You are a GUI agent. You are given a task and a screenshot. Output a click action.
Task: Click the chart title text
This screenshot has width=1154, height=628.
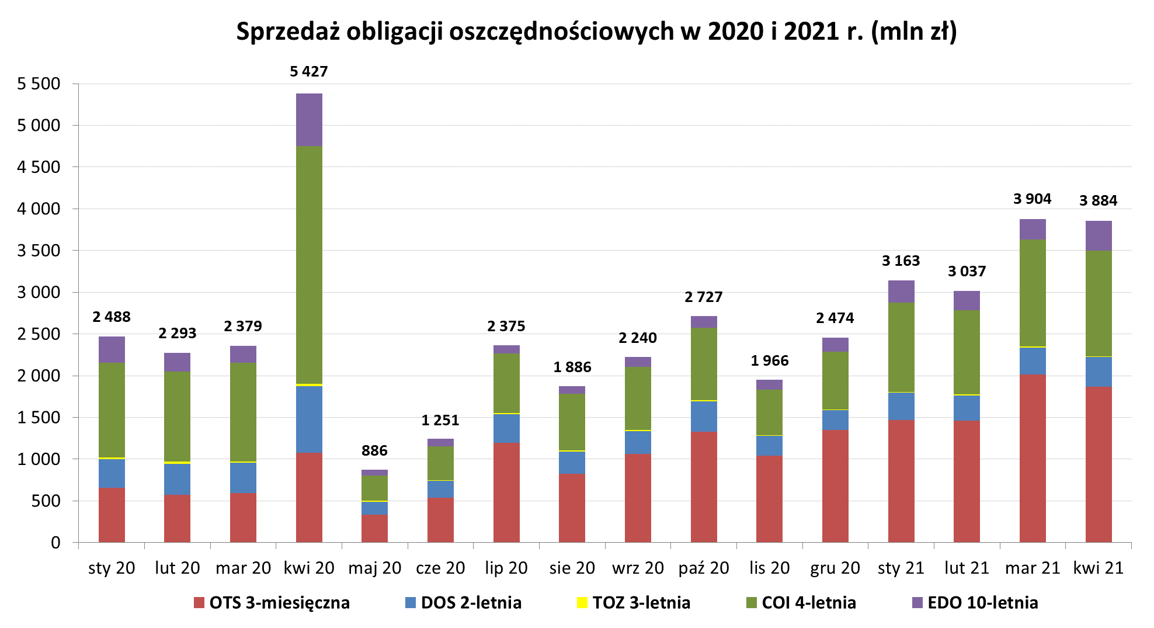coord(596,32)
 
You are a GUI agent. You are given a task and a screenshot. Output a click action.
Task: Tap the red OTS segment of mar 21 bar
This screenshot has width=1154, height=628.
coord(1033,459)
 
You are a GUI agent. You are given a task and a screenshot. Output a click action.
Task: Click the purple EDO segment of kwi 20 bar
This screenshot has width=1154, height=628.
coord(309,120)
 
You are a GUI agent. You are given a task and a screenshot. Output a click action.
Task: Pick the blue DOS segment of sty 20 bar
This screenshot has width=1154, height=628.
coord(112,473)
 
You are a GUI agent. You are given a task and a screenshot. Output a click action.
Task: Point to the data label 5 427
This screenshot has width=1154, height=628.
coord(309,72)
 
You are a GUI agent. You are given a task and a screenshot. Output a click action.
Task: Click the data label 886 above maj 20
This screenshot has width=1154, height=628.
coord(374,451)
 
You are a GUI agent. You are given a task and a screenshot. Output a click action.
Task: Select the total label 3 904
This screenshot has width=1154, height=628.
coord(1032,199)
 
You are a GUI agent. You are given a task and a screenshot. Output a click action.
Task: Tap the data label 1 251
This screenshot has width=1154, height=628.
coord(440,421)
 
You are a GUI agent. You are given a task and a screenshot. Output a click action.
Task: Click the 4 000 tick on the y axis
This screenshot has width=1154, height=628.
coord(39,209)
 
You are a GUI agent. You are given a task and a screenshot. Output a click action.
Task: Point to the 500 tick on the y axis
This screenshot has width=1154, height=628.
coord(47,501)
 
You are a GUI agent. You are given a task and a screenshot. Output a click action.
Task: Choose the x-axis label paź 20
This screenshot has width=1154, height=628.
coord(704,568)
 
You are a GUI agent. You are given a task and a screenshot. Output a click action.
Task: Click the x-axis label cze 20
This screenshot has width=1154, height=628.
coord(440,568)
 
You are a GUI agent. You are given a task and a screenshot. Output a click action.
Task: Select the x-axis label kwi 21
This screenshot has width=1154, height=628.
coord(1099,568)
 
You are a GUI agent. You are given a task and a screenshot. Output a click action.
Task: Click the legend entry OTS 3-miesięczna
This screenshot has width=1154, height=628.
coord(279,603)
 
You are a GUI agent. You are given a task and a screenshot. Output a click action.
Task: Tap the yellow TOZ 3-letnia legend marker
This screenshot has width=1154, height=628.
coord(582,603)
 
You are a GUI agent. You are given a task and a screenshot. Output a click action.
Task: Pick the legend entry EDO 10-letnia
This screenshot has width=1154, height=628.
coord(982,603)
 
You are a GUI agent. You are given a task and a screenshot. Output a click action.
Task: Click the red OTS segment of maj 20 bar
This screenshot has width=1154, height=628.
coord(374,529)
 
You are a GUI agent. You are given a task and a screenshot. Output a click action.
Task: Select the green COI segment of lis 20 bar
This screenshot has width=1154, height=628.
coord(769,412)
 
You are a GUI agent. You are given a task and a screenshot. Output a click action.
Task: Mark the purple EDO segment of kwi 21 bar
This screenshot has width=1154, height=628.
coord(1099,236)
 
